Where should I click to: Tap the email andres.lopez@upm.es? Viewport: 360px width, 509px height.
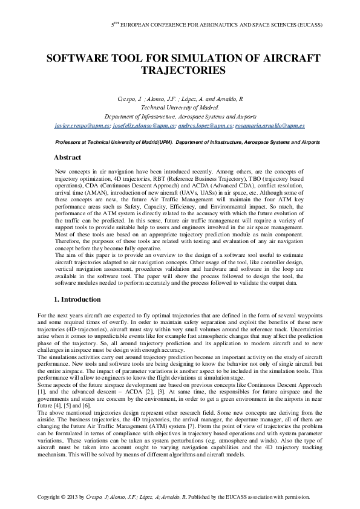[206, 126]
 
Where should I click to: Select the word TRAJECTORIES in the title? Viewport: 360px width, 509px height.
[180, 71]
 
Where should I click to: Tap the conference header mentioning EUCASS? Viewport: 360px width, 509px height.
[217, 25]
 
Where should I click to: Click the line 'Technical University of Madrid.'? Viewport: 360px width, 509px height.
[180, 108]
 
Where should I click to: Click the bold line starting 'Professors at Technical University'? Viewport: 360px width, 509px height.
[180, 142]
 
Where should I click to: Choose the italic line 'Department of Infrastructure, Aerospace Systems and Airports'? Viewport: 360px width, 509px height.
[180, 117]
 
